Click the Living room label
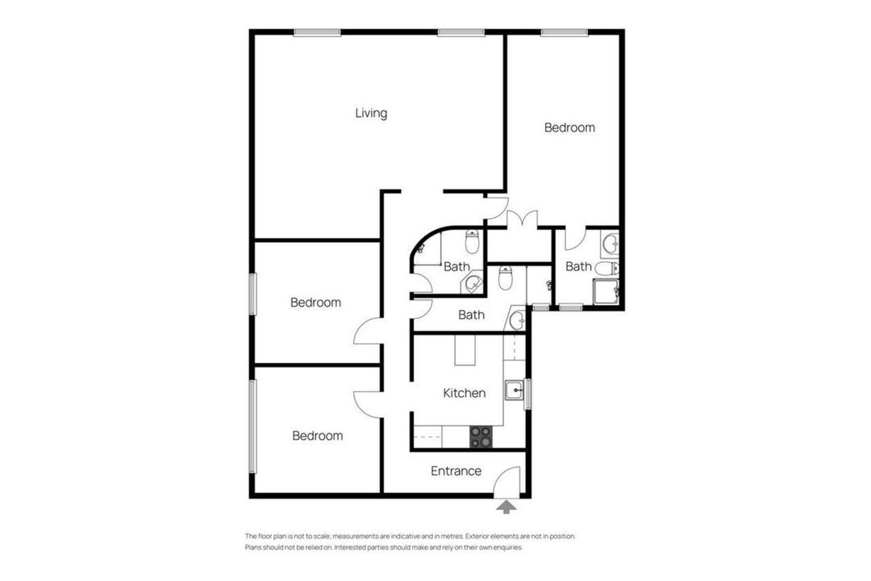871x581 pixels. click(x=371, y=114)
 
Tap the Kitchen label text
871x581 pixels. click(x=465, y=393)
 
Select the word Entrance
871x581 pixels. click(x=456, y=471)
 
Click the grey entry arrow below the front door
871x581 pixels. click(x=506, y=507)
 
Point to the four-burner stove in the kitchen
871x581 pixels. click(x=481, y=437)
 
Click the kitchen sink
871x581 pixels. click(x=515, y=391)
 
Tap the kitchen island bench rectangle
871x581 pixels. click(x=465, y=349)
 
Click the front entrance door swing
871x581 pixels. click(x=506, y=480)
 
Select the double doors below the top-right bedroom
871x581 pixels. click(x=522, y=219)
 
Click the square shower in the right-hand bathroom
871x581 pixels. click(x=606, y=292)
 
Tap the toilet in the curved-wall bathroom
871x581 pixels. click(x=472, y=240)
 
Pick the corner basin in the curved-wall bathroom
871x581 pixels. click(x=472, y=282)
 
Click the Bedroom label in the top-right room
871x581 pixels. click(x=569, y=127)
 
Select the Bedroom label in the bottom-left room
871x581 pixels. click(x=317, y=436)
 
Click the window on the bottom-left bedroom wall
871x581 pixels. click(x=252, y=426)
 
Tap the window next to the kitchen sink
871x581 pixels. click(x=527, y=394)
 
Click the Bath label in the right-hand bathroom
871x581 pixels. click(x=578, y=267)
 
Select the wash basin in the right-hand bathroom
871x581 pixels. click(x=610, y=244)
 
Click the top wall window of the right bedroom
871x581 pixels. click(x=565, y=33)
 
